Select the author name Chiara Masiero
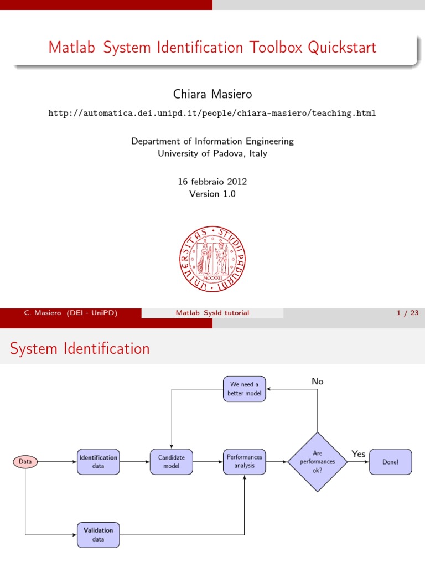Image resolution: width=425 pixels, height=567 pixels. pyautogui.click(x=212, y=95)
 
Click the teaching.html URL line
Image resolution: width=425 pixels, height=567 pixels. pyautogui.click(x=212, y=113)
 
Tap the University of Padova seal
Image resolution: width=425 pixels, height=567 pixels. pyautogui.click(x=212, y=259)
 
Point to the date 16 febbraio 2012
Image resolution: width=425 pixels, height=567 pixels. pyautogui.click(x=212, y=181)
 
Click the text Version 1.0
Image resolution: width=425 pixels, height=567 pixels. pyautogui.click(x=212, y=194)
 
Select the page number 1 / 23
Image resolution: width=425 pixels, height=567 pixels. pyautogui.click(x=407, y=313)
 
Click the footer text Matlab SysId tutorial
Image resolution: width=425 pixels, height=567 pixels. pyautogui.click(x=212, y=313)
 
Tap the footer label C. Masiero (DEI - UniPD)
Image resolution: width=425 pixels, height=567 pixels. pyautogui.click(x=71, y=313)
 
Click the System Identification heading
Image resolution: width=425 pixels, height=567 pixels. pyautogui.click(x=80, y=349)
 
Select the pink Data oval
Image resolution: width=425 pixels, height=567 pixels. pyautogui.click(x=25, y=461)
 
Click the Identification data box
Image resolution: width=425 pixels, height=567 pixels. pyautogui.click(x=98, y=462)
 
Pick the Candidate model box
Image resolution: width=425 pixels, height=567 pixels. pyautogui.click(x=171, y=462)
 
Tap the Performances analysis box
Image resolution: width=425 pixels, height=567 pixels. pyautogui.click(x=244, y=462)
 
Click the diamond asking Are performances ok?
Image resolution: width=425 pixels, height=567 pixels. pyautogui.click(x=317, y=462)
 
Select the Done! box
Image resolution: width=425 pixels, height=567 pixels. pyautogui.click(x=390, y=462)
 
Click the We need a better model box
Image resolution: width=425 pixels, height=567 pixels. pyautogui.click(x=244, y=389)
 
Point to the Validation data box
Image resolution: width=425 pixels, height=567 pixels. pyautogui.click(x=98, y=534)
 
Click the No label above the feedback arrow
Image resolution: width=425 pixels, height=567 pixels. pyautogui.click(x=318, y=382)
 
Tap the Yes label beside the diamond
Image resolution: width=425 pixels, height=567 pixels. pyautogui.click(x=359, y=454)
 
